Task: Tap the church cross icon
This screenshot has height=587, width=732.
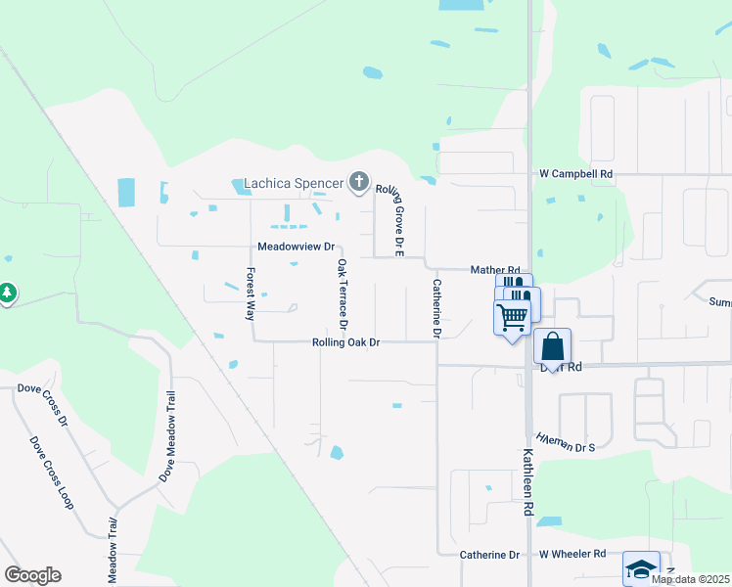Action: [x=360, y=182]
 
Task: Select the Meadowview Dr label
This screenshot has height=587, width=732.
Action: [x=296, y=247]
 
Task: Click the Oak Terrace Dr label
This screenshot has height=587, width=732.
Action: [x=343, y=293]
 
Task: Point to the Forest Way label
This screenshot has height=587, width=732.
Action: [x=251, y=294]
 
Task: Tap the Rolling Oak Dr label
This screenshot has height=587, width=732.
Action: [x=345, y=342]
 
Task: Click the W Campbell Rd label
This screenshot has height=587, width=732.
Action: [x=575, y=174]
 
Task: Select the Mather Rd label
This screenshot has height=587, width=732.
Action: [x=494, y=270]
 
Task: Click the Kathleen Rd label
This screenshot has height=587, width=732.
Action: [x=527, y=482]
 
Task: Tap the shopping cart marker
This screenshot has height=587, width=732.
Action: [x=512, y=318]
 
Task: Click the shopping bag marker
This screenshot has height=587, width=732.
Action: [x=553, y=346]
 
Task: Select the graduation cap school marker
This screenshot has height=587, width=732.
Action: [x=641, y=568]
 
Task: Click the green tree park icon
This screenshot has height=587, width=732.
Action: [x=7, y=293]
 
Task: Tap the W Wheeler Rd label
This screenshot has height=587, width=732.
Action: [x=572, y=555]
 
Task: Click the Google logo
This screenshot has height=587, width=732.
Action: [x=32, y=574]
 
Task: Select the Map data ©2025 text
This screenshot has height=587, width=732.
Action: [x=690, y=579]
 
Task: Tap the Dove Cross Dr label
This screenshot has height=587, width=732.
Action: [x=42, y=403]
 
